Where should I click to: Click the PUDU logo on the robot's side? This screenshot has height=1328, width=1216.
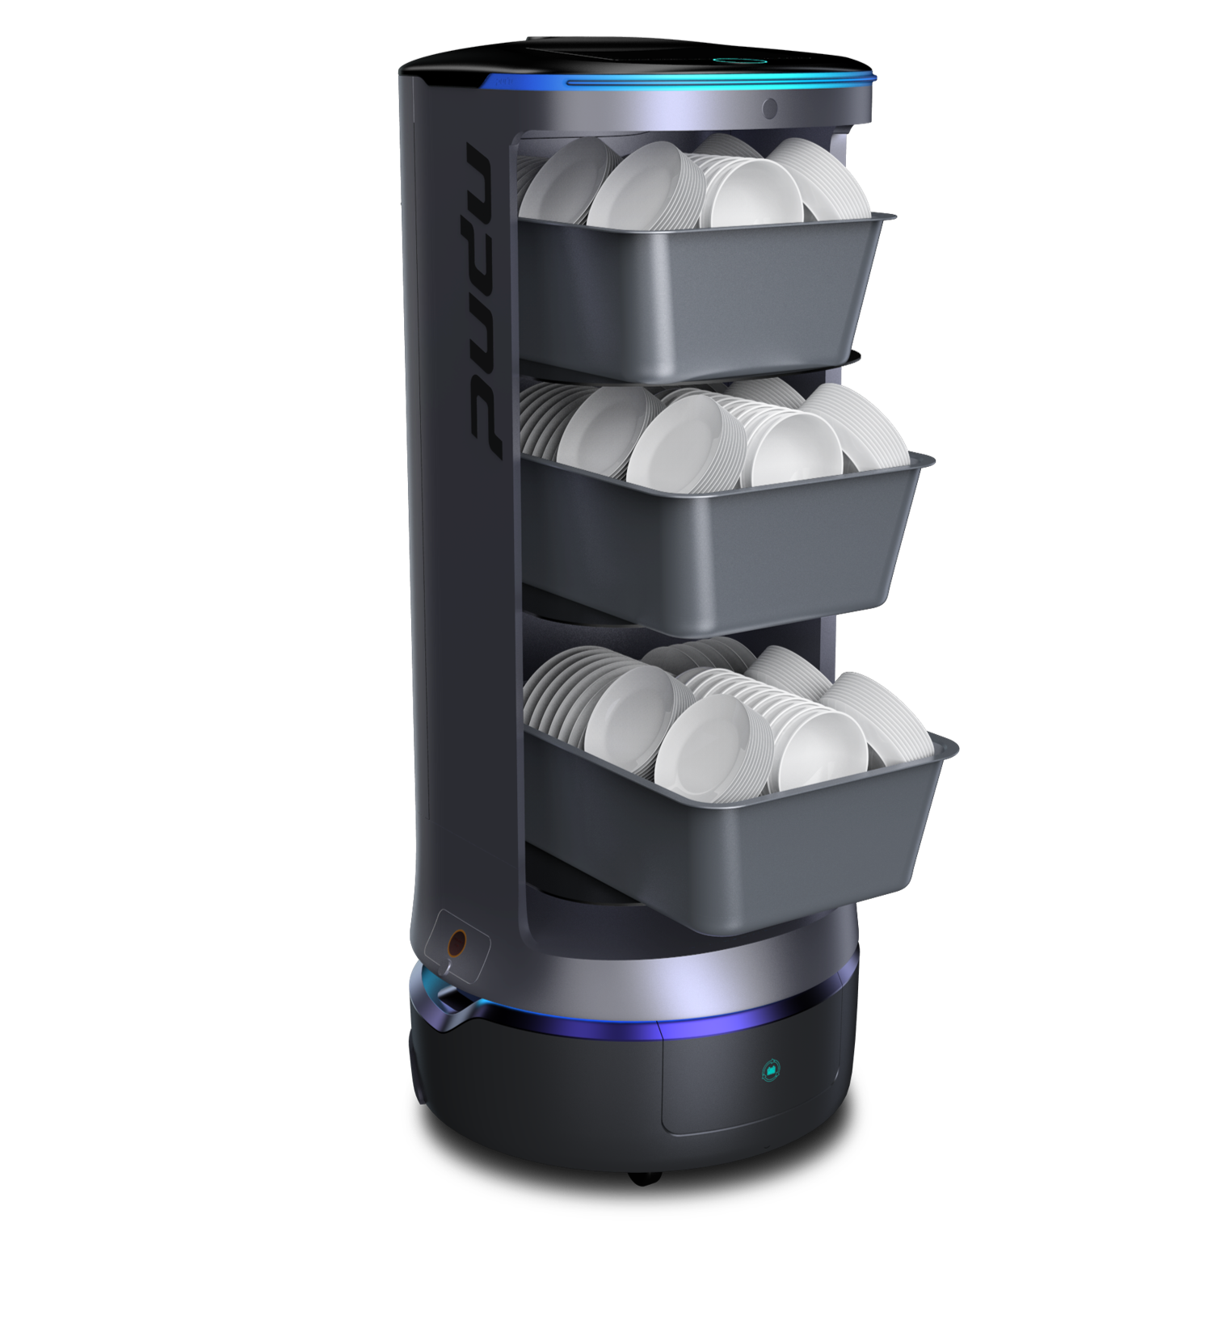click(483, 303)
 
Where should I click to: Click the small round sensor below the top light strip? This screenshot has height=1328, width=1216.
click(770, 107)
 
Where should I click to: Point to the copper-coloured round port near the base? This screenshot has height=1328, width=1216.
click(457, 942)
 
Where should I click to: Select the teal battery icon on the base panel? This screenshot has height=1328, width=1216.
click(773, 1071)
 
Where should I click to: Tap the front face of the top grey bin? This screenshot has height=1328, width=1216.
click(695, 299)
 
